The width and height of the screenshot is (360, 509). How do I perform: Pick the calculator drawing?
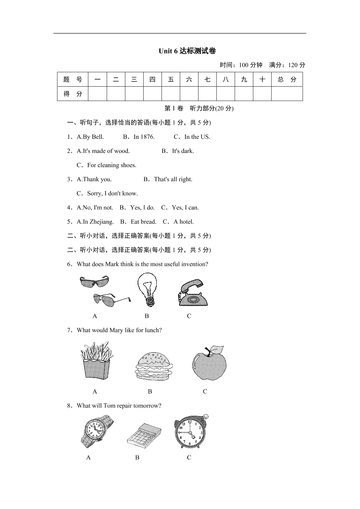144,434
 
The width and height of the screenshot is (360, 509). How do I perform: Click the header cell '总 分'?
287,80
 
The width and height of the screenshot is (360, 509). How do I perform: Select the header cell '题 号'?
73,80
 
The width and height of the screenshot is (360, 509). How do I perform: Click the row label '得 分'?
73,94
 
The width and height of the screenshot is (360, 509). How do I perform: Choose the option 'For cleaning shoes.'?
111,165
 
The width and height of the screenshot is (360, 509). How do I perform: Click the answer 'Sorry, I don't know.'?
112,193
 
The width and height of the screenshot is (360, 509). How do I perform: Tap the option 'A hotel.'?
184,222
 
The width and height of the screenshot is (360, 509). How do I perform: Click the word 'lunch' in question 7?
152,330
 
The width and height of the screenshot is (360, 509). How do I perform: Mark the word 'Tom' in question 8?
112,405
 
